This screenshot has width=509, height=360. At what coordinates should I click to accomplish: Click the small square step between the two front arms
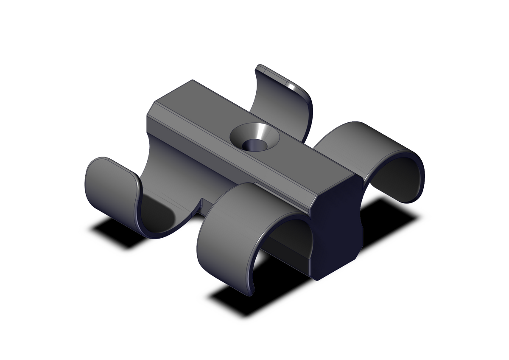(x=203, y=203)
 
